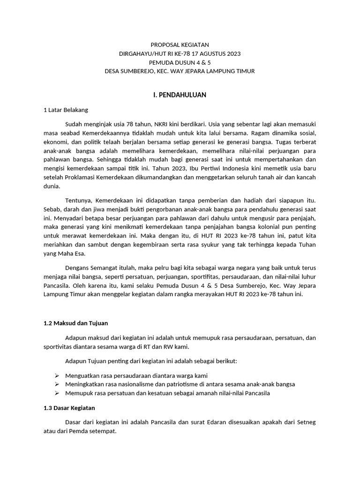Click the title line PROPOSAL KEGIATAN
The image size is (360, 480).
pyautogui.click(x=180, y=45)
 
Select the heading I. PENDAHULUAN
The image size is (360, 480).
pyautogui.click(x=180, y=95)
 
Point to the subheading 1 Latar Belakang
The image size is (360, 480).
pyautogui.click(x=66, y=110)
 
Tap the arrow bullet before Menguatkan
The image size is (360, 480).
pyautogui.click(x=57, y=375)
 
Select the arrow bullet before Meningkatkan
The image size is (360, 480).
pyautogui.click(x=57, y=384)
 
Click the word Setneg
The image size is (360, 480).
pyautogui.click(x=306, y=422)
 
